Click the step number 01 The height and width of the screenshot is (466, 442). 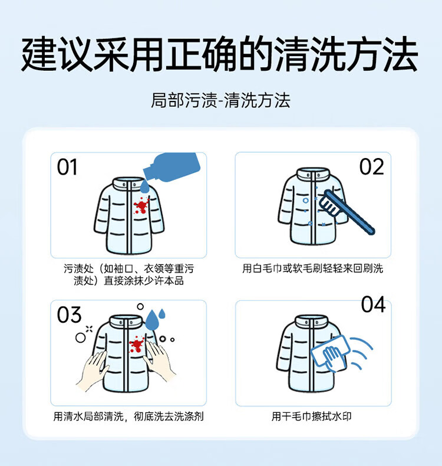point(67,167)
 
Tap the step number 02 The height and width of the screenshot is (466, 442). point(372,167)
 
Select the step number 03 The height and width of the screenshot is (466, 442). point(69,315)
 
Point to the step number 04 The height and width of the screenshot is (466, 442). point(374,304)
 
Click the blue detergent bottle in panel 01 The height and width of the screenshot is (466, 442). point(171,166)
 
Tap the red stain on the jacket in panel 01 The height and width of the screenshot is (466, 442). point(141,205)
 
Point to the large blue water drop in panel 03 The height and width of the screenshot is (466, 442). point(151,320)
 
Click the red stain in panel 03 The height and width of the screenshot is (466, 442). point(137,345)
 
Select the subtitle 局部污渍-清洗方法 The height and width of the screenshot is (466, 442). point(220,100)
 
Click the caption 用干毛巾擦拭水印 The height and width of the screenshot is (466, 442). point(312,416)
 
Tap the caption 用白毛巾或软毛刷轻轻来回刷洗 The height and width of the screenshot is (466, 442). point(312,268)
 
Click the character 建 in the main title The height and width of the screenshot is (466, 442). point(39,54)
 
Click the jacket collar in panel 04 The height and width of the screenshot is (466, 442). point(312,321)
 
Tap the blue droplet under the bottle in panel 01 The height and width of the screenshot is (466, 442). point(144,186)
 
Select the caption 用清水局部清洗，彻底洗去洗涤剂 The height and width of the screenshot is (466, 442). point(128,416)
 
